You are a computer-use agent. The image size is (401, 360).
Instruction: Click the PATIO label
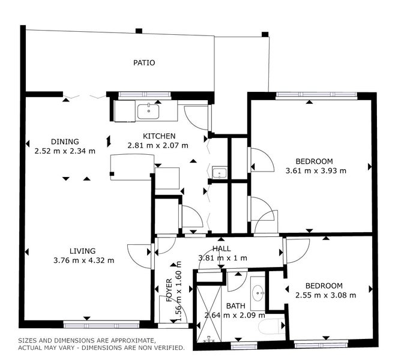coord(144,62)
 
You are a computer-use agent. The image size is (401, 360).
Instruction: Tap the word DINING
coord(65,142)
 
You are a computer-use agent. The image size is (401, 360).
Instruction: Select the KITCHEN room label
coord(159,136)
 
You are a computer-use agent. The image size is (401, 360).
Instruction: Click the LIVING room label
coord(83,251)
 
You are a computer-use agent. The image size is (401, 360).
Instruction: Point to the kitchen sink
coord(148,112)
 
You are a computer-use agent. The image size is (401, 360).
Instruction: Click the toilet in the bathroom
coord(271,326)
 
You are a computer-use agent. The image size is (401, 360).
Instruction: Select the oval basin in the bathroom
coord(258,293)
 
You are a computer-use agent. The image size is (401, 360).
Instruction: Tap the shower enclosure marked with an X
coord(208,313)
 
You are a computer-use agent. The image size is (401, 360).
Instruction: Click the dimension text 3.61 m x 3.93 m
coord(316,171)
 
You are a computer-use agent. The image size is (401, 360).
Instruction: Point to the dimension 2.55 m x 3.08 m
coord(325,295)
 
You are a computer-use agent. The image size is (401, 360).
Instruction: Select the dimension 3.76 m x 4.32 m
coord(83,260)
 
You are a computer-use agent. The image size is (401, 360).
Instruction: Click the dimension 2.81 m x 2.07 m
coord(158,146)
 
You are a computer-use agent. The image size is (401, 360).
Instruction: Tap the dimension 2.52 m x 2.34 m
coord(65,151)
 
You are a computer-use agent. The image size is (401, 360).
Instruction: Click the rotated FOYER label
coord(169,290)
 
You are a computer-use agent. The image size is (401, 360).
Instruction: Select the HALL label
coord(222,248)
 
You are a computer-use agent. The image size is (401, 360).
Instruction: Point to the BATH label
coord(235,306)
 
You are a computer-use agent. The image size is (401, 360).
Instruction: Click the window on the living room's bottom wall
coord(101,325)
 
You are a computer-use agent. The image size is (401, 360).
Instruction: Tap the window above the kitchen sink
coord(145,94)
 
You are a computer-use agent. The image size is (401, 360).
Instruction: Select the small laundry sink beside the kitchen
coord(220,173)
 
